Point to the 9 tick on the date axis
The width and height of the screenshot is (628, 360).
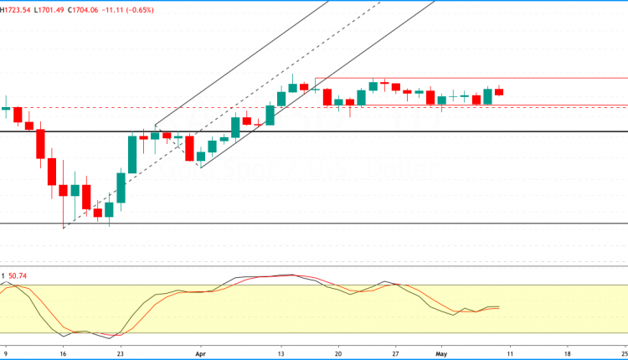pos(7,353)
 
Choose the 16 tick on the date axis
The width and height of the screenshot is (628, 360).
pos(64,353)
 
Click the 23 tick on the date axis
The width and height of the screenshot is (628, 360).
pos(121,353)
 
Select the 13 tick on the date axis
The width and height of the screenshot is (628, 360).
pos(282,353)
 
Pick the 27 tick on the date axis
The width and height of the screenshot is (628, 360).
pos(395,353)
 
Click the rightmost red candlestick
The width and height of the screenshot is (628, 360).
pos(499,92)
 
